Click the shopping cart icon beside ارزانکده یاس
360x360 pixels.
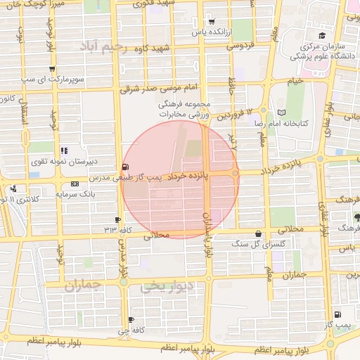[212, 22]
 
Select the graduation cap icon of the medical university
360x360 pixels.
[321, 36]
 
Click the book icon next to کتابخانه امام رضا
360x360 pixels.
[282, 112]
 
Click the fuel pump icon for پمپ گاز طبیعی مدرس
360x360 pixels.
[125, 167]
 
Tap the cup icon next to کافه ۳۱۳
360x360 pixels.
[117, 220]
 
